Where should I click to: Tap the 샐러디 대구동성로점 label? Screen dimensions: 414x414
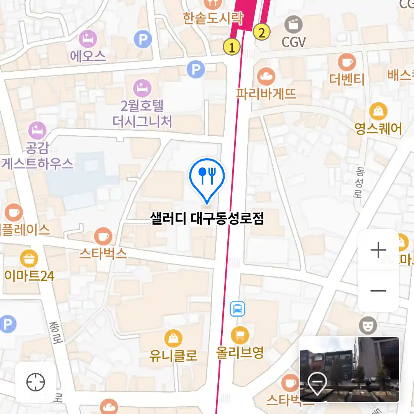point(207,219)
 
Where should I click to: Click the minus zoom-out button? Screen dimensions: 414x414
point(378,291)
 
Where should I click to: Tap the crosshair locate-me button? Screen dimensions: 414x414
point(36,382)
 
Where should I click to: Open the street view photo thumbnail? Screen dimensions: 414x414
point(349,370)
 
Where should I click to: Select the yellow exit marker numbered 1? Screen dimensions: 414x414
point(232,47)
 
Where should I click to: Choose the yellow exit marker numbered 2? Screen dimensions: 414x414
point(262,32)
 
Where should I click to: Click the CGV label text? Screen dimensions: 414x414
point(294,42)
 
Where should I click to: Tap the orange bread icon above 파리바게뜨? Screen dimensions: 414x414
point(266,77)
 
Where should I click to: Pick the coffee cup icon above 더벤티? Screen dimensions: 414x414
point(347,62)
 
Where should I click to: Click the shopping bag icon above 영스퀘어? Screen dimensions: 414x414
point(378,111)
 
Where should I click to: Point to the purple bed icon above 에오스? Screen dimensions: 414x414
point(88,39)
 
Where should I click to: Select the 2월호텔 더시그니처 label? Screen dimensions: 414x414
point(142,113)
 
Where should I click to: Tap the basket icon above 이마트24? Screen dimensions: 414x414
point(29,259)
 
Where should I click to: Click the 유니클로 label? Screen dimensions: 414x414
point(173,355)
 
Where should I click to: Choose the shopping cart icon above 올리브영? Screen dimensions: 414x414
point(240,336)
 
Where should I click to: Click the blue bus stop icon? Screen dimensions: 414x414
point(237,309)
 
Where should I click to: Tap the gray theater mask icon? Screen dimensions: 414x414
point(368,325)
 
